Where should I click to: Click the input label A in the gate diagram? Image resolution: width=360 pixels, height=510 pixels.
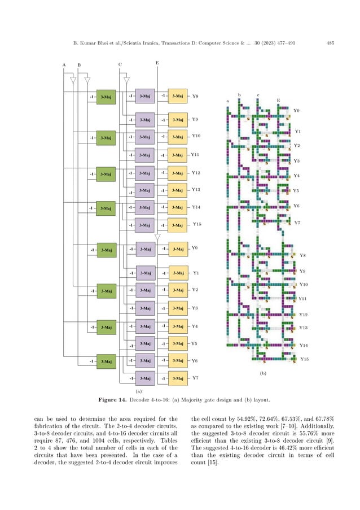coord(64,65)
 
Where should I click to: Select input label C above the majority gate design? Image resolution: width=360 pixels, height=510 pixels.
coord(120,65)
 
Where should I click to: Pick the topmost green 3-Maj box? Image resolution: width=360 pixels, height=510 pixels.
coord(106,97)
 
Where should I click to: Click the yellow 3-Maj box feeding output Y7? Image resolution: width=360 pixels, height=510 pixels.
coord(178,378)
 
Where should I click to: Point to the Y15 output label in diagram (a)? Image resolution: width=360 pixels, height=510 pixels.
coord(197,224)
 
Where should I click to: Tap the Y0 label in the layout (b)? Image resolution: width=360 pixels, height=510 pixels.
coord(297,111)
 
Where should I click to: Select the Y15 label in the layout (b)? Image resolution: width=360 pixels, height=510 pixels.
coord(304,359)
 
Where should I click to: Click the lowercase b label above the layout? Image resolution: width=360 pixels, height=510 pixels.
coord(239,95)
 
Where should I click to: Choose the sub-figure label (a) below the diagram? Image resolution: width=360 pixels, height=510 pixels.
coord(138,390)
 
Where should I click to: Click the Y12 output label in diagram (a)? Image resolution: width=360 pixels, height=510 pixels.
coord(196,173)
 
